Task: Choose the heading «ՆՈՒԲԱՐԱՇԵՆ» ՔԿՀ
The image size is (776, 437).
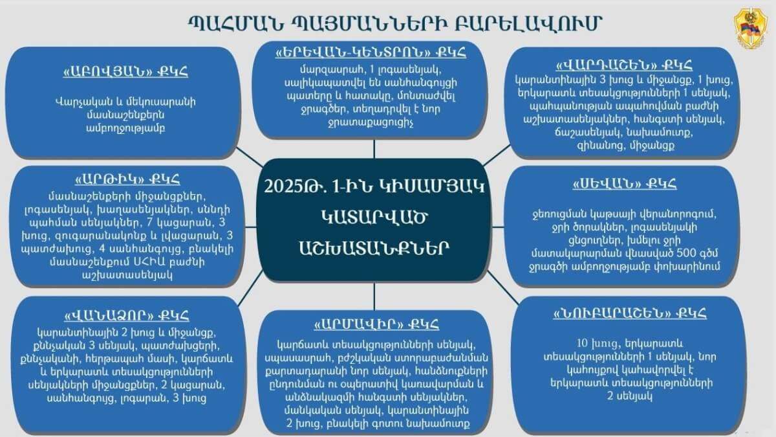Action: (630, 314)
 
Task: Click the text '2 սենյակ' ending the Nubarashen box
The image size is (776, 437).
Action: (630, 394)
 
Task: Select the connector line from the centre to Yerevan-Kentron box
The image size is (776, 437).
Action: (374, 149)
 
